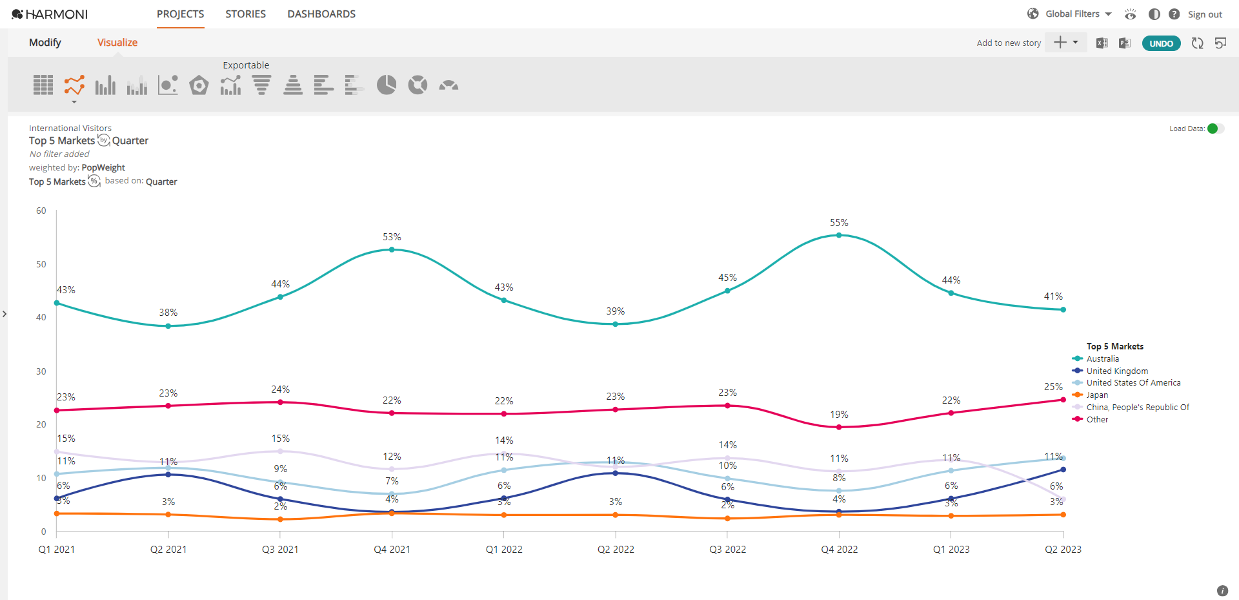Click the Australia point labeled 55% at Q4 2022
point(839,235)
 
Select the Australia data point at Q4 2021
point(392,249)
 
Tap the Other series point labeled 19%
point(839,427)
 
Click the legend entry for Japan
point(1096,395)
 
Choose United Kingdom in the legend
point(1116,371)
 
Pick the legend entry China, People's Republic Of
point(1137,407)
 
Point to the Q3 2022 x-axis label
point(727,549)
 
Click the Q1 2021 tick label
point(57,549)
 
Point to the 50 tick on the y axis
point(41,264)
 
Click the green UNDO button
point(1161,43)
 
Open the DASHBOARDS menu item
point(321,14)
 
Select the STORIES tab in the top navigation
point(245,14)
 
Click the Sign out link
point(1205,14)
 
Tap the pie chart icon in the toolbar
point(387,85)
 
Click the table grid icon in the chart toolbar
point(43,85)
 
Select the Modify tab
point(45,43)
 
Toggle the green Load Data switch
point(1214,129)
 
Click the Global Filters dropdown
point(1078,14)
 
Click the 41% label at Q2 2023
point(1053,296)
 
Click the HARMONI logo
point(50,14)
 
